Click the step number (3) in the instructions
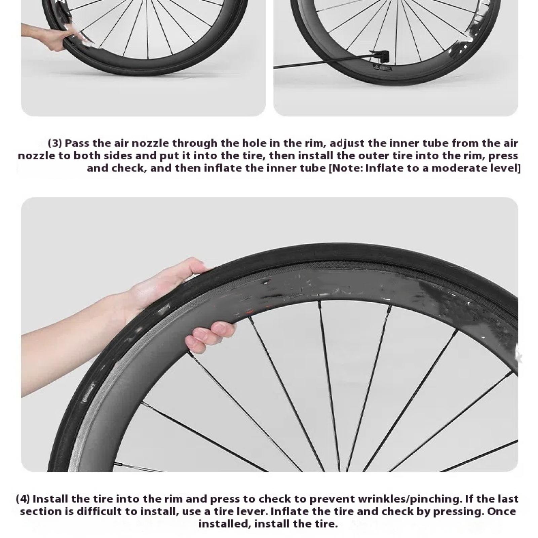click(x=55, y=143)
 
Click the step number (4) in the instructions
click(x=23, y=499)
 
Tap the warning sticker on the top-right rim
click(x=381, y=69)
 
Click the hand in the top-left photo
click(x=50, y=36)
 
